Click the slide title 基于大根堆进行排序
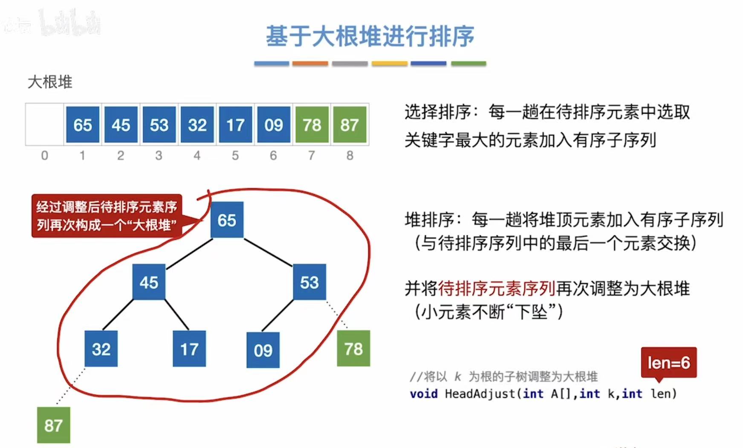pos(370,36)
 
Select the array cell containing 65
pos(82,125)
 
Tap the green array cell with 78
pos(311,125)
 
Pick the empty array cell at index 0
pos(44,125)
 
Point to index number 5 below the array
pos(235,156)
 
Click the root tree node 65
pos(227,220)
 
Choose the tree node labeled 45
pos(148,282)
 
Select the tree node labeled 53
pos(309,282)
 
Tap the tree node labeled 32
pos(101,349)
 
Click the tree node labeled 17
pos(189,349)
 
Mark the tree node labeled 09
pos(263,350)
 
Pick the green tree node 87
pos(53,425)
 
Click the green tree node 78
pos(353,348)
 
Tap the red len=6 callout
pos(668,363)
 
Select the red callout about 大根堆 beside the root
pos(107,216)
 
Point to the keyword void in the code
pos(423,394)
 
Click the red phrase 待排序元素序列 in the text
pos(497,289)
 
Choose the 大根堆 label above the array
pos(50,82)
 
